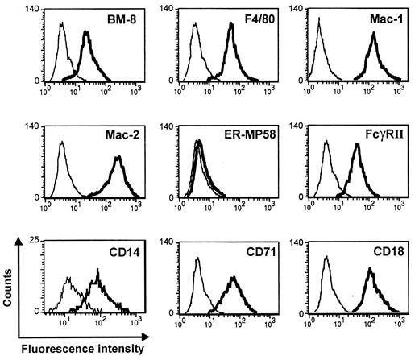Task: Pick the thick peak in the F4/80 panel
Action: (232, 24)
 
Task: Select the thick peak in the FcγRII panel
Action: (356, 147)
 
